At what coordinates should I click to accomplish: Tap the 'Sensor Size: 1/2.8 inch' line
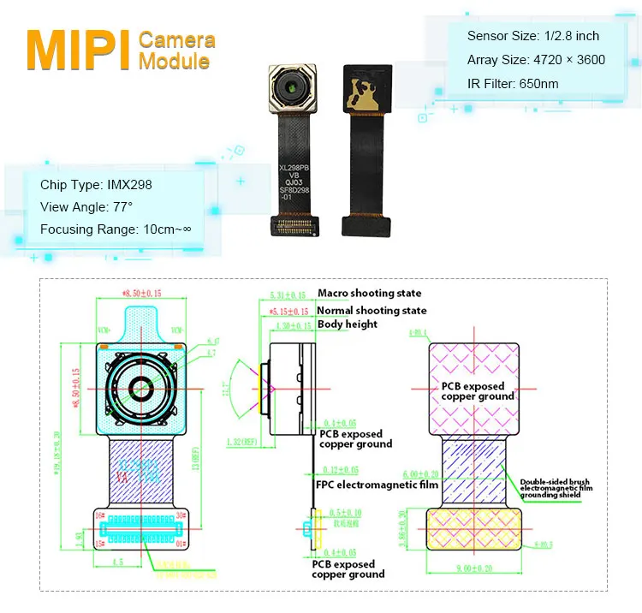[x=532, y=36]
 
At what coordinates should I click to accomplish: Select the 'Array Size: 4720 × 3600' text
[x=536, y=60]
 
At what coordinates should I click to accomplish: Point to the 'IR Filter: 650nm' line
[x=513, y=84]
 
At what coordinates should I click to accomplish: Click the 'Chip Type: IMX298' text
[x=96, y=185]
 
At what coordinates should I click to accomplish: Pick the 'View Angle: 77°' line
[x=87, y=207]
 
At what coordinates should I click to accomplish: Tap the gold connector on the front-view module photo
[x=295, y=226]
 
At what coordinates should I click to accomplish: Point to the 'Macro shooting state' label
[x=370, y=294]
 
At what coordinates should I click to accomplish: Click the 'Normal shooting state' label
[x=372, y=310]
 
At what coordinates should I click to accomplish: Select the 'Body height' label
[x=348, y=325]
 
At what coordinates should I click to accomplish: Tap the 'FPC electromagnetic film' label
[x=377, y=485]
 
